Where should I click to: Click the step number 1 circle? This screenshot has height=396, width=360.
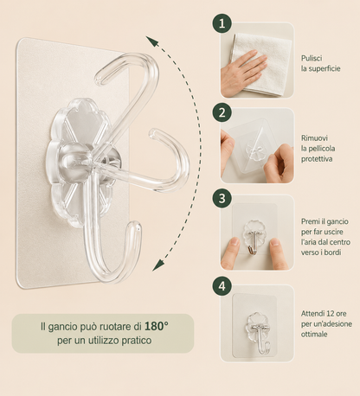click(222, 23)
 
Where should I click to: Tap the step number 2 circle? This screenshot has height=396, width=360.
click(222, 112)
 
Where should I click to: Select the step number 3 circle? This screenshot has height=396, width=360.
click(222, 198)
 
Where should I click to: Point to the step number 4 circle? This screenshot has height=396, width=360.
click(222, 286)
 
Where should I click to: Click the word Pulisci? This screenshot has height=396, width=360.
click(312, 58)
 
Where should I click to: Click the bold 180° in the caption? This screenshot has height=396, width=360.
click(157, 326)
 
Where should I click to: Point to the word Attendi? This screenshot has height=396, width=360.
click(312, 313)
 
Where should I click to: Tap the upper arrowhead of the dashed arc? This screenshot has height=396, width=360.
click(151, 41)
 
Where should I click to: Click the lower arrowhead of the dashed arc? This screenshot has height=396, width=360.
click(157, 265)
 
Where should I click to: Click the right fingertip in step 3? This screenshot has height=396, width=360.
click(275, 244)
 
